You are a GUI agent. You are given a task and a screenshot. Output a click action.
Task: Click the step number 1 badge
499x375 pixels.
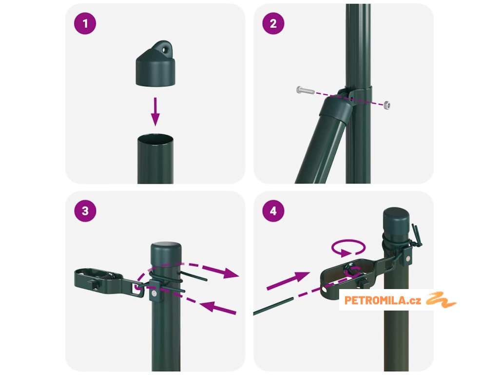85,23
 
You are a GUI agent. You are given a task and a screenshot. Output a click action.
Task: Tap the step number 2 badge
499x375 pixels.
273,23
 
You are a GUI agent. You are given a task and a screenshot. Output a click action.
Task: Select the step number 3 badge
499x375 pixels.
85,211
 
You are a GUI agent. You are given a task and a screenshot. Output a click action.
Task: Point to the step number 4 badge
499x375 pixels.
273,211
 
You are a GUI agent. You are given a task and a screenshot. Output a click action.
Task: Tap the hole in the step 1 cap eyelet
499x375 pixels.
165,50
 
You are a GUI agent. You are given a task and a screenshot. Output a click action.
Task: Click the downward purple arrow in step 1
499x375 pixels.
155,112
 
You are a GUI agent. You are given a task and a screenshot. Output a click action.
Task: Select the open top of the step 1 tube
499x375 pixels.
155,139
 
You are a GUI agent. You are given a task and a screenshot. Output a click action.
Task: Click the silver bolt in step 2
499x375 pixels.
305,90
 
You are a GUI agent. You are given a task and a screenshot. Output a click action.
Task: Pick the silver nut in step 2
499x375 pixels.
386,105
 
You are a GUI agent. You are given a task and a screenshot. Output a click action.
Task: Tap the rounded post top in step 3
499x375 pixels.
166,249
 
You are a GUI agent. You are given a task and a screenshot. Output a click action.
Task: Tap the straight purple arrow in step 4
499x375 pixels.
288,280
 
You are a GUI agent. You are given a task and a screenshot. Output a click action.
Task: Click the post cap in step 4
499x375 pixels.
396,220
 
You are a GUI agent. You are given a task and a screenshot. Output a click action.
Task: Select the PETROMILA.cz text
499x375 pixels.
383,300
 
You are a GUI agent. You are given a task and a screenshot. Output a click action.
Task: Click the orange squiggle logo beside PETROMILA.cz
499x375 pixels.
441,300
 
